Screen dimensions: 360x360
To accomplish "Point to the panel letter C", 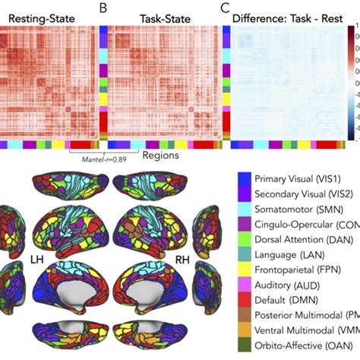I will (224, 9).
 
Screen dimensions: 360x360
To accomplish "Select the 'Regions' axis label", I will (160, 156).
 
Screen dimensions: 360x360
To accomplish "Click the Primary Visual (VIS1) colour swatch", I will (245, 176).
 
